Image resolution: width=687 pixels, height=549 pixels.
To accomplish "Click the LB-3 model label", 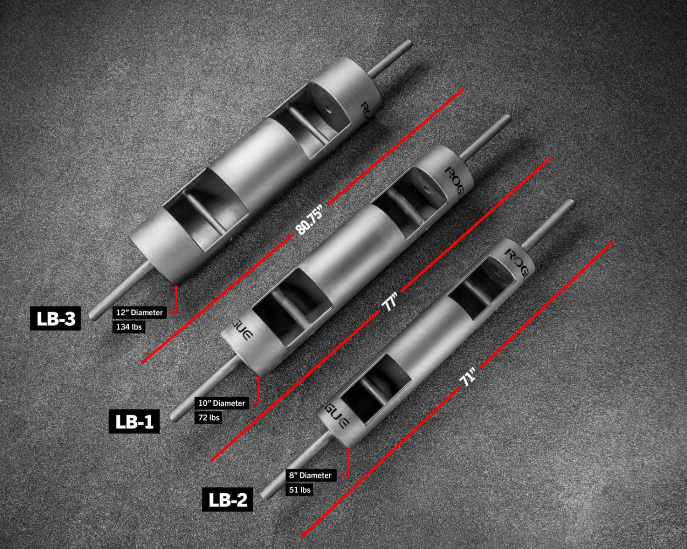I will point(55,318).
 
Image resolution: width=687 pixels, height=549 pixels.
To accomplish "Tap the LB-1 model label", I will point(134,421).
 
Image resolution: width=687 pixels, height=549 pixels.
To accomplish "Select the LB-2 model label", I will point(228,500).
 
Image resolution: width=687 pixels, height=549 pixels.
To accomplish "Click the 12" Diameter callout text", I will point(139,312).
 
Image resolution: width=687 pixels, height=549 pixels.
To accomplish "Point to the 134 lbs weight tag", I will point(129,327).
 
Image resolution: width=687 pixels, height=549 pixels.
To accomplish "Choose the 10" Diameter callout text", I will point(222,403).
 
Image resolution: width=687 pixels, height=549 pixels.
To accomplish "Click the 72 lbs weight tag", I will point(208,417).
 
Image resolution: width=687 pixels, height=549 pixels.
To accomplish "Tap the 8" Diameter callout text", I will point(310,475).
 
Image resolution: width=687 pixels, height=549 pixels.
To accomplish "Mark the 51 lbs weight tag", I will point(300,490).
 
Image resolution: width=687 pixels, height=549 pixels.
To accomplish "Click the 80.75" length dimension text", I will point(310,220).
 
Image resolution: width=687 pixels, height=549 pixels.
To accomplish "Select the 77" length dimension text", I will point(390,302).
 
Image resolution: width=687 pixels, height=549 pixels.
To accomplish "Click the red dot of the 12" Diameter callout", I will point(176,287).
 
